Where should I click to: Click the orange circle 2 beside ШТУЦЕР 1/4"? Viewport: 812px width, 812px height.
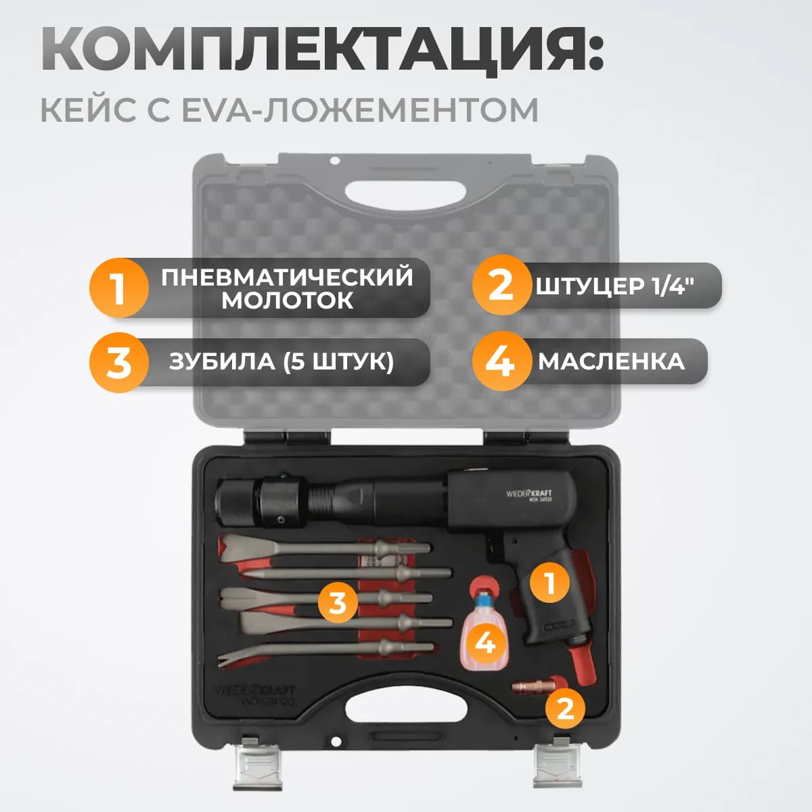point(501,286)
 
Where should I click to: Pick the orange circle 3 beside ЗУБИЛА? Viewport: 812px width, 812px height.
point(118,362)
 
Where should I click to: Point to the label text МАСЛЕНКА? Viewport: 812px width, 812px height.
point(611,361)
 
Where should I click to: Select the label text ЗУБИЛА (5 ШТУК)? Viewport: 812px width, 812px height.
point(281,362)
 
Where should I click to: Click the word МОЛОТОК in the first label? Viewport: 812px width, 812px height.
point(287,301)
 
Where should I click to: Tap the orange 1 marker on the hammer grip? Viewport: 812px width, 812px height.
point(549,582)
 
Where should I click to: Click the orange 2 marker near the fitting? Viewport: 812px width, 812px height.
point(565,708)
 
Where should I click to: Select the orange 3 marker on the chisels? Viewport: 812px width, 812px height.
point(338,602)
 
